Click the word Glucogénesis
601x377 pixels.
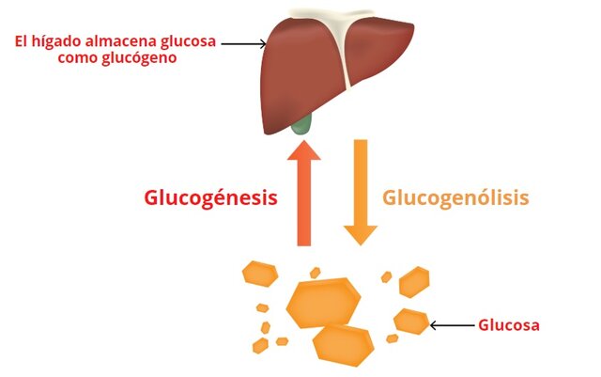(x=210, y=198)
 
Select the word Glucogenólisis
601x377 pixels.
(x=455, y=198)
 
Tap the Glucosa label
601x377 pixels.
(x=508, y=326)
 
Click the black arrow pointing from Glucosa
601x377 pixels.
(x=452, y=326)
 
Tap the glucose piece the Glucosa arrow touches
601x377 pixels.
(x=411, y=321)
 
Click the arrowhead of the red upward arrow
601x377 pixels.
(x=304, y=151)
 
